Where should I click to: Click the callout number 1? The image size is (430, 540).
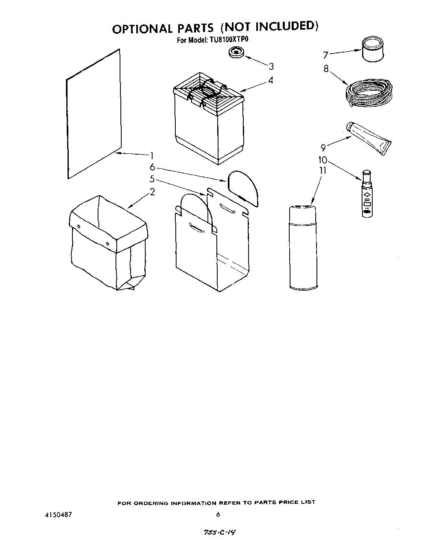click(x=151, y=155)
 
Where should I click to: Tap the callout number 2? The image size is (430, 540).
click(x=152, y=192)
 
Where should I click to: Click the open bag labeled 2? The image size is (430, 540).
click(x=107, y=244)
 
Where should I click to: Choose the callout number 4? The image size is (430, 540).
click(x=270, y=81)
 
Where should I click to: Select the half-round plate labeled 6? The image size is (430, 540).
click(x=243, y=188)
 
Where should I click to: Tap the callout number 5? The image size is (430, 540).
click(x=152, y=178)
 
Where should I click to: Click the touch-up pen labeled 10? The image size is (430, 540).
click(x=367, y=194)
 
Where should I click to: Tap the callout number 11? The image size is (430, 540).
click(x=323, y=171)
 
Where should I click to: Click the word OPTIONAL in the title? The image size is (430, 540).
click(x=141, y=28)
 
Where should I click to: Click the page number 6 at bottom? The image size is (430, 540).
click(x=218, y=515)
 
